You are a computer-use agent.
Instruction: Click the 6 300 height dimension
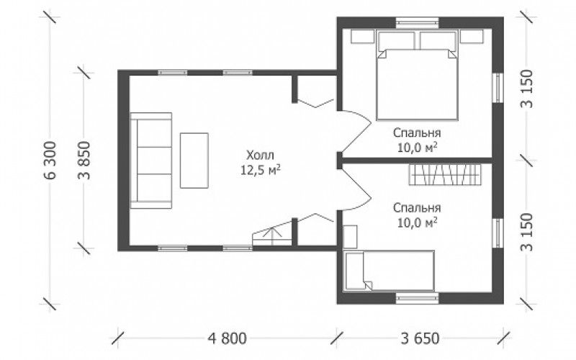50,160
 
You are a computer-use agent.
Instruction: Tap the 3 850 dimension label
84,160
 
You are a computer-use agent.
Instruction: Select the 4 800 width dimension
227,338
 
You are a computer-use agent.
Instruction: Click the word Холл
260,155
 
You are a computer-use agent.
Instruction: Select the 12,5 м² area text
261,170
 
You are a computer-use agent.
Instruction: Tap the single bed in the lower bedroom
389,271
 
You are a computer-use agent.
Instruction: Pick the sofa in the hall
151,161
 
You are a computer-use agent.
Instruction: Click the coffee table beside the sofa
194,161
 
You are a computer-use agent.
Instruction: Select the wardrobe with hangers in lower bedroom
445,174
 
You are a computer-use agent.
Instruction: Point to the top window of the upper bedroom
417,23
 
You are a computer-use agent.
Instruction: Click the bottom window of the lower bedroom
417,298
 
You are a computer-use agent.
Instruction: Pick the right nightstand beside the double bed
472,37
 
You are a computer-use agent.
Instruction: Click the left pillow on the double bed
397,40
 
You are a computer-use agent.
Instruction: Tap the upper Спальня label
417,132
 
